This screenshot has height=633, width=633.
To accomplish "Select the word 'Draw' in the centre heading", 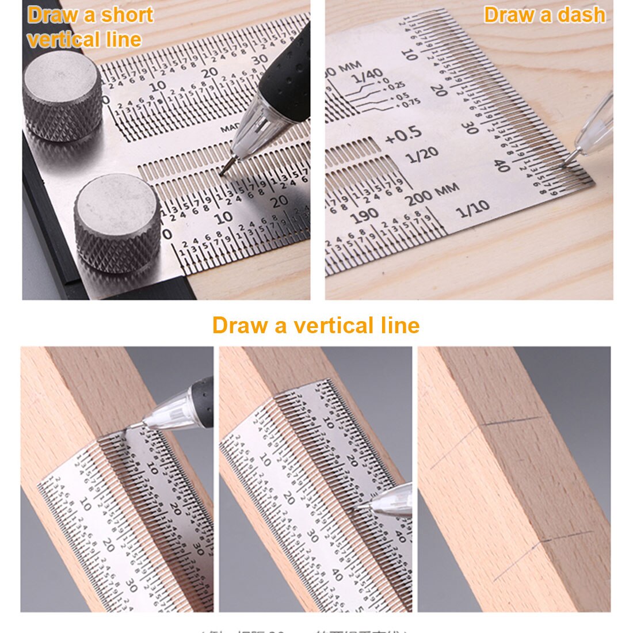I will point(240,325).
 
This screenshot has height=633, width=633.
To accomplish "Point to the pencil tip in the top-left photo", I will point(224,170).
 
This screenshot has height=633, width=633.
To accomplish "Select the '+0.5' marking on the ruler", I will point(403,136).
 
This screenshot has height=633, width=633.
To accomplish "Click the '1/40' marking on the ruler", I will point(367,75).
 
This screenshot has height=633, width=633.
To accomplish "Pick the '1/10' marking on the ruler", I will point(472,208).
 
